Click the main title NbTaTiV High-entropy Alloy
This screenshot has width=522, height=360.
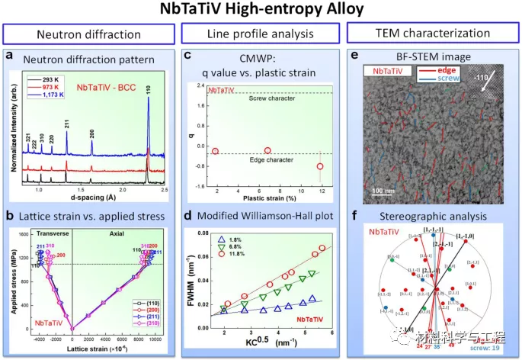(261, 11)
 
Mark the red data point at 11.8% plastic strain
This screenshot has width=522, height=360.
(319, 166)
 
